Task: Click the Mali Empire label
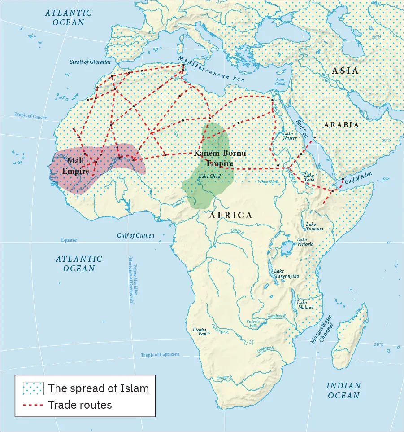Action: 75,165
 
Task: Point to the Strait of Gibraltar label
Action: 90,62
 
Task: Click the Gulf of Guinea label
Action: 135,235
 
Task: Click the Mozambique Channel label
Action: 321,329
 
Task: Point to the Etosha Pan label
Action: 199,332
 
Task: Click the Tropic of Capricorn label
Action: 160,355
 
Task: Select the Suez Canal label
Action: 280,82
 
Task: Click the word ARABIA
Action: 341,125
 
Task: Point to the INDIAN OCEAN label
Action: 343,391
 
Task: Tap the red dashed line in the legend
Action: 34,405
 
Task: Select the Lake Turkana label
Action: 314,226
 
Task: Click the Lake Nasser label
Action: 290,136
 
